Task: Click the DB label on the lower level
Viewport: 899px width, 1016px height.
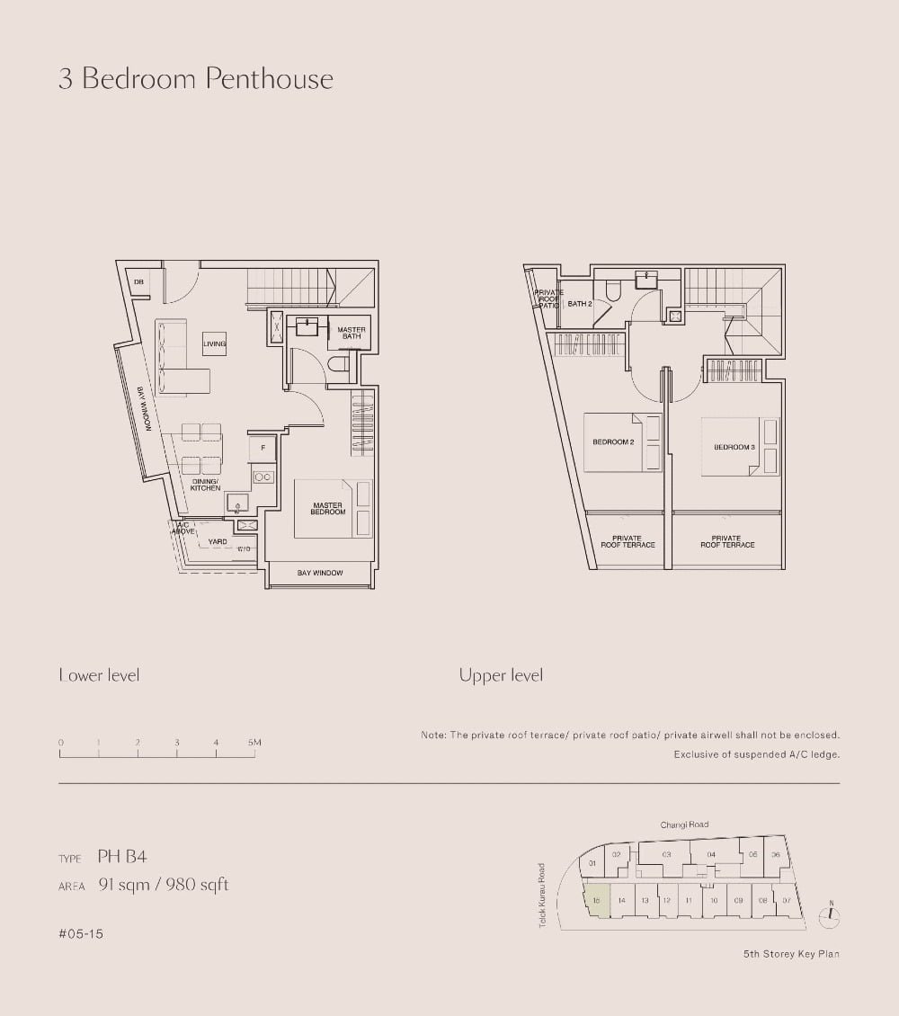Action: [x=138, y=282]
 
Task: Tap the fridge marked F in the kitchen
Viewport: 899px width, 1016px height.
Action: [x=263, y=447]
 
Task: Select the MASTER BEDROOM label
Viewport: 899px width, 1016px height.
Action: [x=328, y=509]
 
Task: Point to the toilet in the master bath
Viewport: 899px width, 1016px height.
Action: [x=339, y=364]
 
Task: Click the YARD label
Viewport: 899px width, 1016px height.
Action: [x=218, y=542]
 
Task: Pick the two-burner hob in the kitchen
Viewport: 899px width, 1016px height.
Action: [x=263, y=477]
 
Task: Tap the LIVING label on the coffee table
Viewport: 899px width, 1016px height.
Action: [x=214, y=343]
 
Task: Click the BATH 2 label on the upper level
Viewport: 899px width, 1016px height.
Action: [x=580, y=304]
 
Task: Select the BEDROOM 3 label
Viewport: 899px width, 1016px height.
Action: [x=734, y=447]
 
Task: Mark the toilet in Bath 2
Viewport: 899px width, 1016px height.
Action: [x=613, y=290]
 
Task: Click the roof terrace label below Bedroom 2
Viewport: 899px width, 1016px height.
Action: [x=628, y=541]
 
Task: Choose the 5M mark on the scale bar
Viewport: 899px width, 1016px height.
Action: [x=254, y=743]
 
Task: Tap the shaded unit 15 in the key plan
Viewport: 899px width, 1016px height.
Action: [x=596, y=899]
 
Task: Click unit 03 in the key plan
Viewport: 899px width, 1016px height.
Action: [x=666, y=854]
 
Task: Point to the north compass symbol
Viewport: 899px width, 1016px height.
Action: [x=831, y=916]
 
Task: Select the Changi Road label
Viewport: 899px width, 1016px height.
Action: [x=684, y=824]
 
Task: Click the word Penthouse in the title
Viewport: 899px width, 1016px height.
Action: [x=269, y=79]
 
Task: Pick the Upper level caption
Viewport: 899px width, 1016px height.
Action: [x=501, y=675]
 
